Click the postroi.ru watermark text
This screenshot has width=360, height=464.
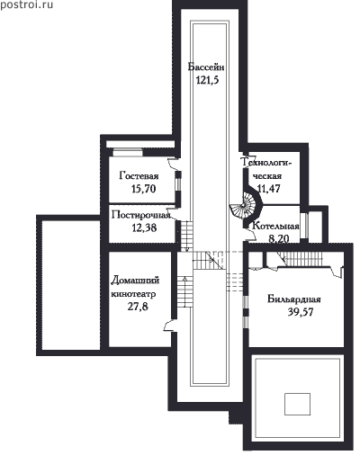coord(27,5)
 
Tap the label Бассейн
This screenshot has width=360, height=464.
coord(206,67)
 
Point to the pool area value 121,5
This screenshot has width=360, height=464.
coord(207,80)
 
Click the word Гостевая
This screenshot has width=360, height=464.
coord(139,175)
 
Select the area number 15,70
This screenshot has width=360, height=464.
coord(144,189)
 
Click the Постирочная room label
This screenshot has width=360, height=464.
coord(141,215)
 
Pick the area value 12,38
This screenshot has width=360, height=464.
coord(144,228)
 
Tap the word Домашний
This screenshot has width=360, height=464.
coord(135,281)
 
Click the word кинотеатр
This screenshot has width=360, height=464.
coord(133,293)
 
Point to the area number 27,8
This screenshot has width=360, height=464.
coord(138,307)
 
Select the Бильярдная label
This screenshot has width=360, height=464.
coord(294,299)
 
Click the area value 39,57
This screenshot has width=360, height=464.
coord(301,312)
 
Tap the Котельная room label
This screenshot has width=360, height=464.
coord(275,226)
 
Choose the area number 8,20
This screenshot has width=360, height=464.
coord(279,238)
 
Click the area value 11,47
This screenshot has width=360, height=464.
coord(269,188)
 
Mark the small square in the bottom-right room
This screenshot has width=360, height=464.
coord(297,404)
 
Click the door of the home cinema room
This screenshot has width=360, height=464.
coord(169,326)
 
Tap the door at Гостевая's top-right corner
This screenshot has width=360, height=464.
coord(173,164)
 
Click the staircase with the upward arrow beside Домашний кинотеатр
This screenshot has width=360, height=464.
coord(184,291)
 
